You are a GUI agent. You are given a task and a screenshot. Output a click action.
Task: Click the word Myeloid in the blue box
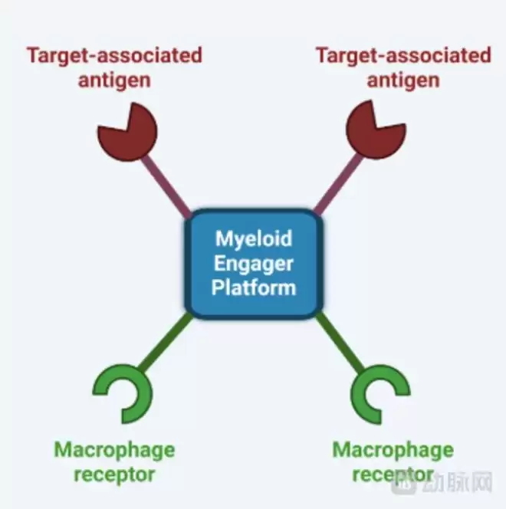coord(254,238)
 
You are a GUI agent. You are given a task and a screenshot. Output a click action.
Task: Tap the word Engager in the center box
coord(254,263)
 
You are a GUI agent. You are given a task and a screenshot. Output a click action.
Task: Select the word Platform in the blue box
coord(254,287)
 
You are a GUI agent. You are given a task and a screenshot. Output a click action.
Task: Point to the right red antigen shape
coord(376,133)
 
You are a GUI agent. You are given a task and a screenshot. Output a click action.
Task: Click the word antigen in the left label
coord(114,80)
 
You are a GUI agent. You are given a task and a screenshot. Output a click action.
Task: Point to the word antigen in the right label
coord(402,80)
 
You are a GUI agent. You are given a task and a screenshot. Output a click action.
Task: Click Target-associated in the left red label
coord(114,55)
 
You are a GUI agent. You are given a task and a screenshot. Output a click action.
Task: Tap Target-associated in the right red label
coord(402,55)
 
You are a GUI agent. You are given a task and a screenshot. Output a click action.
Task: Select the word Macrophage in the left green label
coord(114,450)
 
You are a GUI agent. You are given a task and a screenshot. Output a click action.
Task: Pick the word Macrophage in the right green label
coord(393,450)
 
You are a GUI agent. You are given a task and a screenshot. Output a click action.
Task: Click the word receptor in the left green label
coord(114,475)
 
